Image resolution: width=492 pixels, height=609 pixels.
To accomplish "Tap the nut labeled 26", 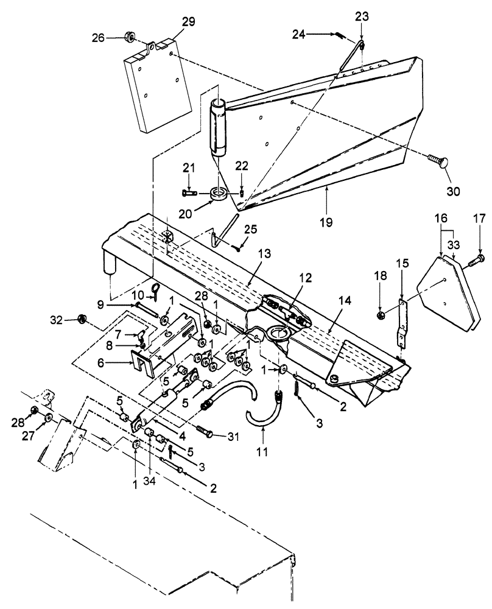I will point(130,37).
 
